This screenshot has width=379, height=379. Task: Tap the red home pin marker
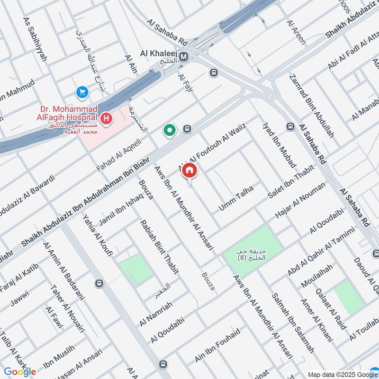pos(189,171)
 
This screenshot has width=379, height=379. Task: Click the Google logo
pos(20,371)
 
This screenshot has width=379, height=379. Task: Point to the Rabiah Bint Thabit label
pos(159,247)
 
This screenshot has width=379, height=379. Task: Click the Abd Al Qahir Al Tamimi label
pos(321,252)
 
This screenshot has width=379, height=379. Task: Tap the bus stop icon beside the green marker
pos(187,129)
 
